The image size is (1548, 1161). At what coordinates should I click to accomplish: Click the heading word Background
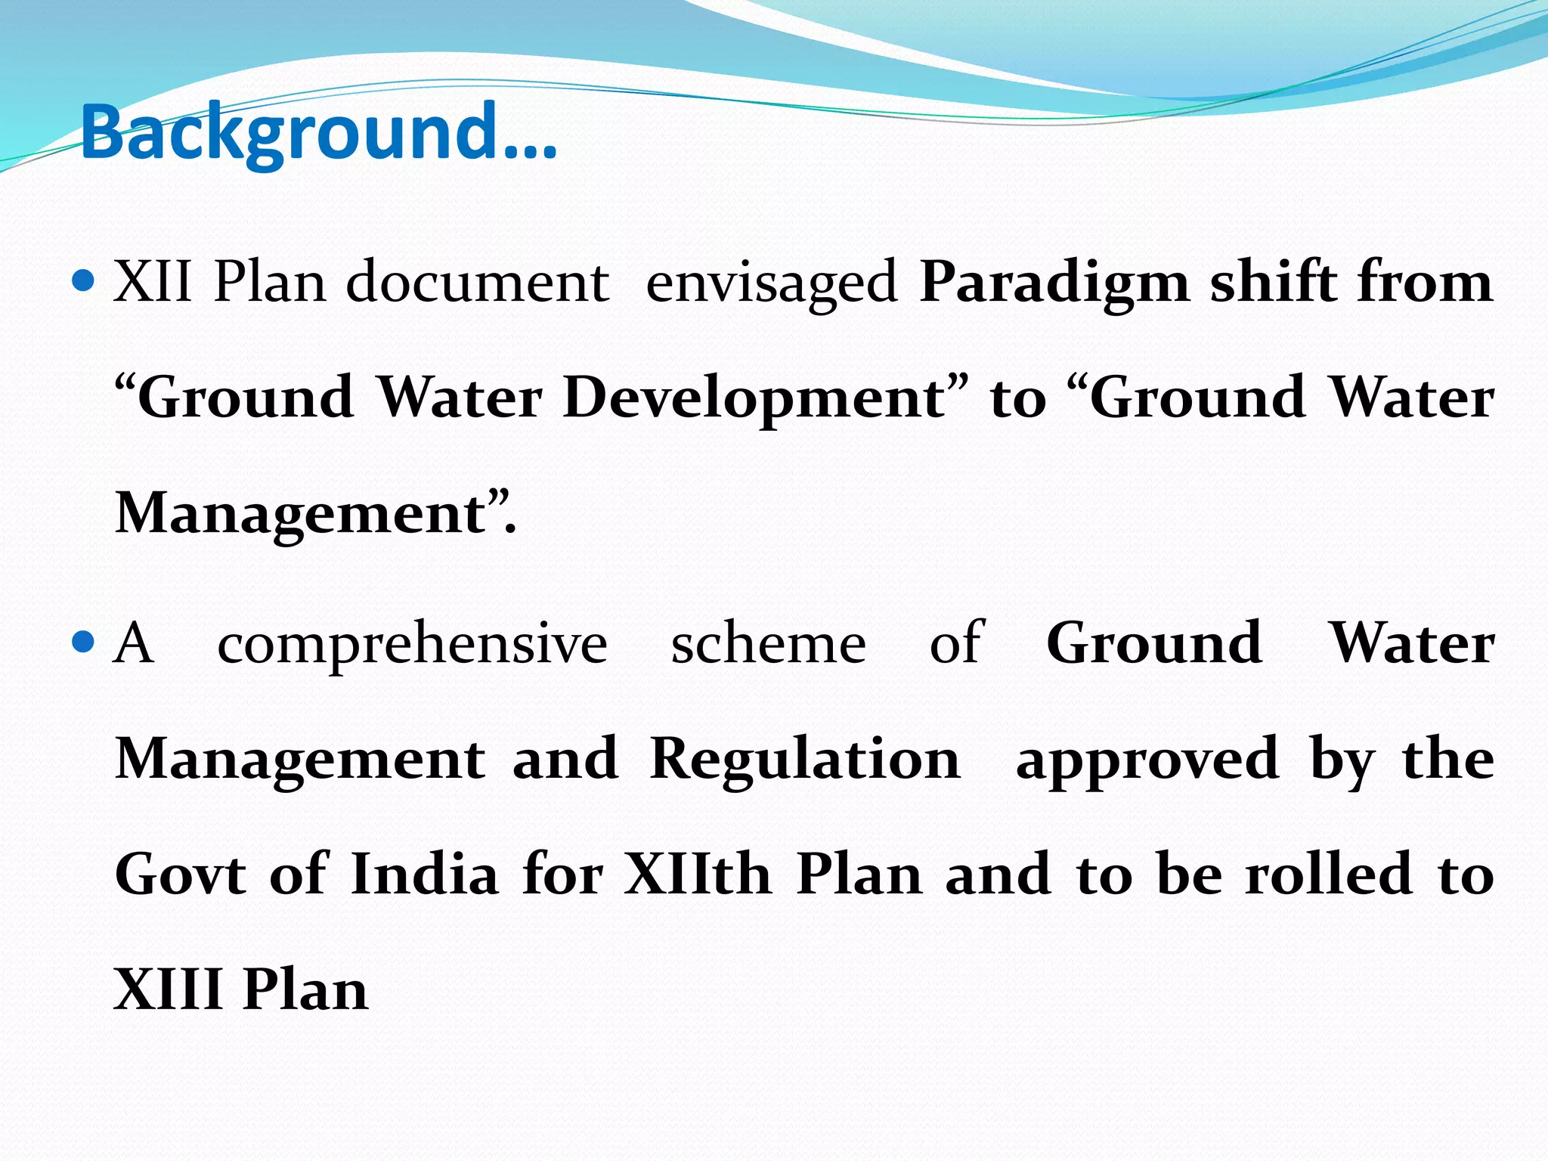click(317, 133)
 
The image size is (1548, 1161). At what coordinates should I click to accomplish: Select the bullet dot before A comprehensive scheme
click(82, 643)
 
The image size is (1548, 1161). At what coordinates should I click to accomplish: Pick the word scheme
click(769, 643)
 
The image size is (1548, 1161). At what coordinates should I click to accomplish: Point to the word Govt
click(181, 875)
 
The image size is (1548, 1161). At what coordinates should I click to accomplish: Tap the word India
click(425, 875)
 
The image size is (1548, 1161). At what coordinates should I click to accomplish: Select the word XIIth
click(697, 875)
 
